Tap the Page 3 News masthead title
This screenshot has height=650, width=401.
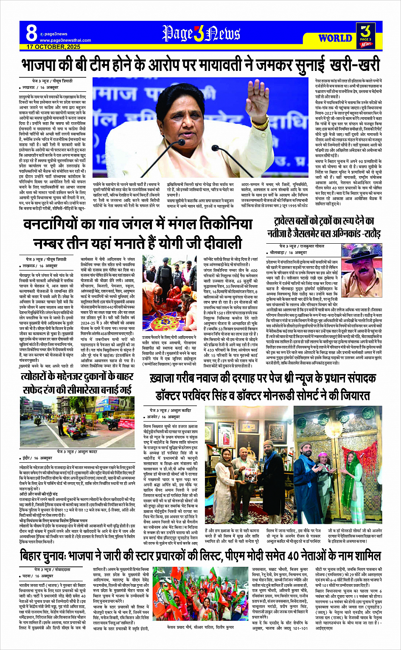point(201,34)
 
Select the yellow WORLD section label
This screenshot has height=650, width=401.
point(335,38)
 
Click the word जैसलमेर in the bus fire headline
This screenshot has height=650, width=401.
point(308,234)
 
